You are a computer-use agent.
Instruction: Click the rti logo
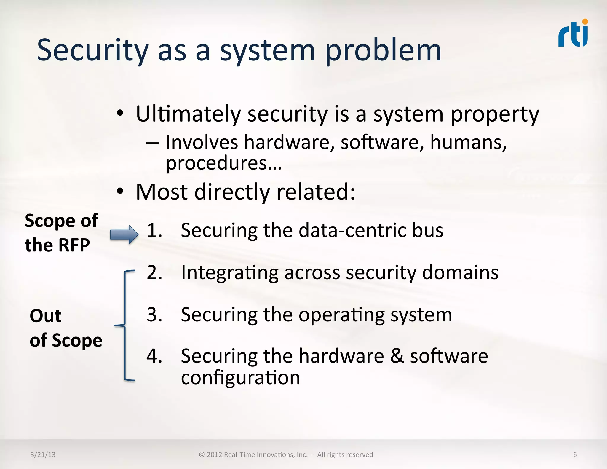point(573,34)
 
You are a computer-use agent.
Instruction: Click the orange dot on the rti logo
point(585,22)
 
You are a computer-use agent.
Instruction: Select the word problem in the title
point(383,51)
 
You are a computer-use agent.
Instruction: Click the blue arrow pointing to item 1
point(124,234)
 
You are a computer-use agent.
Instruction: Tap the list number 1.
point(154,230)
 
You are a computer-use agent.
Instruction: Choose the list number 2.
point(154,272)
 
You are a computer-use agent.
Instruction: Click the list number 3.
point(154,315)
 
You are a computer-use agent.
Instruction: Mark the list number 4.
point(154,356)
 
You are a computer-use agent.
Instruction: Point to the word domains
point(460,272)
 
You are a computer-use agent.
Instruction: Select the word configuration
point(240,378)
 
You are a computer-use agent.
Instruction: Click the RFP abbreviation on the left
point(74,245)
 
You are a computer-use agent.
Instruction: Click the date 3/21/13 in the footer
point(43,454)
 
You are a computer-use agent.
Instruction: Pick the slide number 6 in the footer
point(575,454)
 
